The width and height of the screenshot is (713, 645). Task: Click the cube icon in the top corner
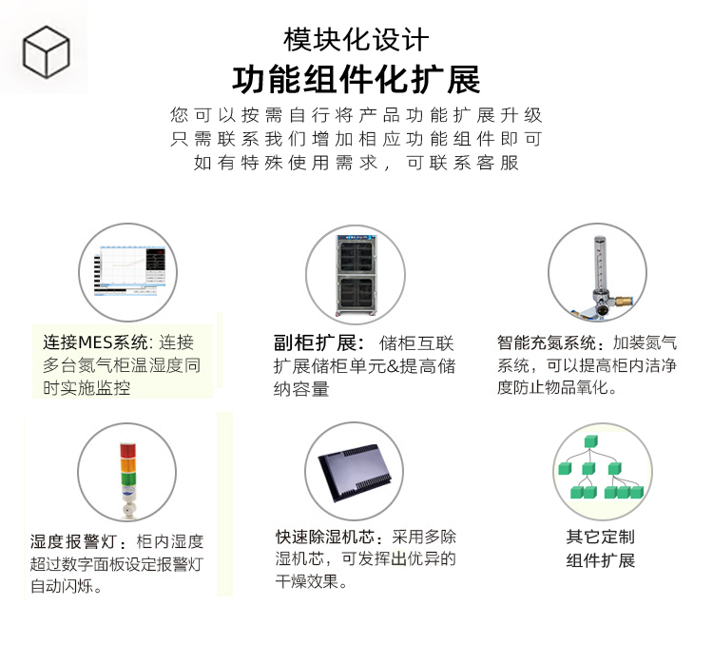(46, 52)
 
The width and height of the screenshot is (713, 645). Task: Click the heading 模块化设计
(356, 40)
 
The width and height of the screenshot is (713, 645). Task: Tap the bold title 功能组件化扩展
(356, 80)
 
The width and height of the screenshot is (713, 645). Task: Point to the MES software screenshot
(129, 272)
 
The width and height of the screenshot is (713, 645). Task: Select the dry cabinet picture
(356, 275)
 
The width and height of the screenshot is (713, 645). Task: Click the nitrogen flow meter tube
(600, 264)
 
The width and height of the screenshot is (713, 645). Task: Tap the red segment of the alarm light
(127, 450)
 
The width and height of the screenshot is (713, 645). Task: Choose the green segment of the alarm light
(127, 479)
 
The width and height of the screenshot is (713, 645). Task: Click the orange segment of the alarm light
(127, 465)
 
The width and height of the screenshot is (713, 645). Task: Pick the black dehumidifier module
(356, 473)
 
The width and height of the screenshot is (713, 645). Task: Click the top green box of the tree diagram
(590, 441)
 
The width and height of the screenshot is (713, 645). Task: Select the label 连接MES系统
(95, 342)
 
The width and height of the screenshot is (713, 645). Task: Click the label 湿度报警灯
(74, 541)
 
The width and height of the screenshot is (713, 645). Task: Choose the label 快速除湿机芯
(325, 537)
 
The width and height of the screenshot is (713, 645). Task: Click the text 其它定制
(600, 537)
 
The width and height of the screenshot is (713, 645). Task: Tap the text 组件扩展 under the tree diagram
(600, 560)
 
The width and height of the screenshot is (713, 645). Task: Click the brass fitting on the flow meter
(622, 301)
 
